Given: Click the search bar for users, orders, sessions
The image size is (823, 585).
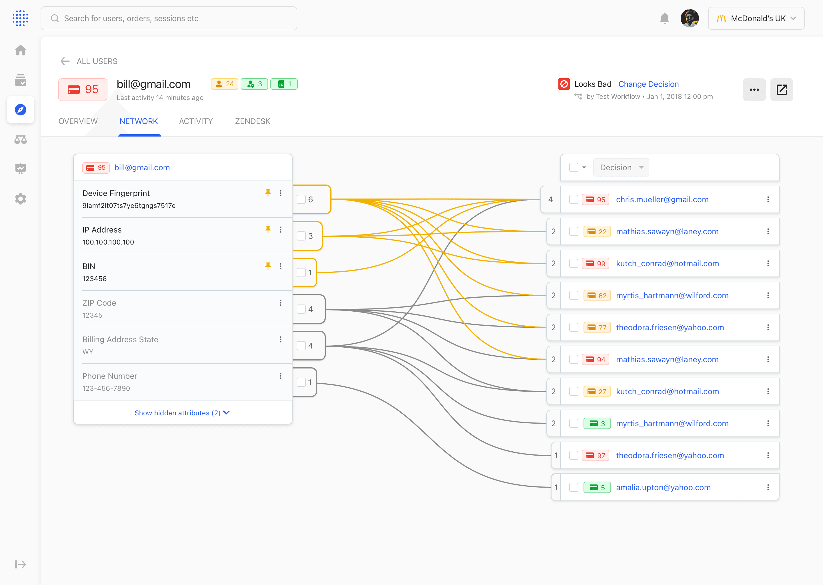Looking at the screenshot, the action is [169, 18].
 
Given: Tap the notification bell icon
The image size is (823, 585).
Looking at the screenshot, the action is [664, 18].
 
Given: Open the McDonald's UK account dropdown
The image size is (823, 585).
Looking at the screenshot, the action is [756, 18].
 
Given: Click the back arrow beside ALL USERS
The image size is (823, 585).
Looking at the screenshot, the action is [65, 61].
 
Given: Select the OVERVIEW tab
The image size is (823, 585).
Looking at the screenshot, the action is [78, 121].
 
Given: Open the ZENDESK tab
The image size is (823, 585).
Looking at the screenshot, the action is [253, 121].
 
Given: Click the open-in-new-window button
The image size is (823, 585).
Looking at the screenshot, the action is [782, 90].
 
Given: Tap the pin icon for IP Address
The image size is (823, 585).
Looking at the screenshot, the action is [268, 229].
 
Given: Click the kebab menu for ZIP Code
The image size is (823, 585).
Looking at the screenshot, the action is [281, 303].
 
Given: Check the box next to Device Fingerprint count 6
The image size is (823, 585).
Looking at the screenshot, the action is [301, 200].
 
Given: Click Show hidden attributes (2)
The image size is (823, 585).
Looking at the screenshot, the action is [182, 413].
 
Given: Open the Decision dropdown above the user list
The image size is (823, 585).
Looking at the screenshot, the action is [621, 167].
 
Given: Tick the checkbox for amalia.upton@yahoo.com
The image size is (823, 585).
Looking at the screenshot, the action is [574, 487].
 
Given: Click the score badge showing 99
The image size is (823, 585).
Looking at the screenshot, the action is [596, 264].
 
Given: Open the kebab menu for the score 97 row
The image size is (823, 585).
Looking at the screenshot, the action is [768, 455].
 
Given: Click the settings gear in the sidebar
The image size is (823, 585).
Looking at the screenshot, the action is [21, 199].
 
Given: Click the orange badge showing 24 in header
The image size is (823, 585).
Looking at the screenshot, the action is [225, 84].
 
